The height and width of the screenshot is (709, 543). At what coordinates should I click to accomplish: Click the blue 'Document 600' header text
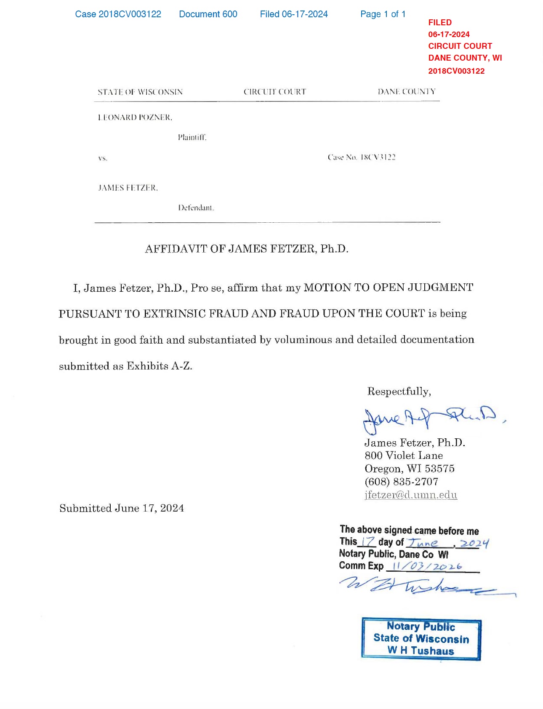click(x=208, y=14)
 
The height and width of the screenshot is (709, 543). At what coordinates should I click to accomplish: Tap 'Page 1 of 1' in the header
click(x=383, y=14)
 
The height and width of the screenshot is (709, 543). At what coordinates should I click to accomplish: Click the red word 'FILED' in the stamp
click(x=439, y=23)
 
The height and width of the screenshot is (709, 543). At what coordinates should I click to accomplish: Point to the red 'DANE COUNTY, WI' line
click(x=465, y=58)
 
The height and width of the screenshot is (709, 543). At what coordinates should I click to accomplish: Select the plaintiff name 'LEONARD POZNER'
click(x=135, y=117)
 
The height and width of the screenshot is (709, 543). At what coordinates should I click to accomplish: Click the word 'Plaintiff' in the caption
click(x=192, y=137)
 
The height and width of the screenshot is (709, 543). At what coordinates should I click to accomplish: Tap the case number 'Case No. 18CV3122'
click(x=362, y=157)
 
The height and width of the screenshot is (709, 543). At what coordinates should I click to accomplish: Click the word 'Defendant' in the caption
click(x=196, y=208)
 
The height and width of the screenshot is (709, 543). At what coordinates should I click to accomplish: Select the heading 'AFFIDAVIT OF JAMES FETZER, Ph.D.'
click(x=247, y=249)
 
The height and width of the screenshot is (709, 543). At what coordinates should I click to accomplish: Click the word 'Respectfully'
click(x=399, y=392)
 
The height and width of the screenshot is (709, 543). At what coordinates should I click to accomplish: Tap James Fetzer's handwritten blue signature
click(x=429, y=419)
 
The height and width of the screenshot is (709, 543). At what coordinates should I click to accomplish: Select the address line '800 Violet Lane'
click(x=403, y=456)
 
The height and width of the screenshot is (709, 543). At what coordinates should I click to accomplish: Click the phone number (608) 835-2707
click(x=401, y=482)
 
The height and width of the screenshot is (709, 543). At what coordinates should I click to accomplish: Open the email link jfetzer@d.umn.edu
click(x=410, y=495)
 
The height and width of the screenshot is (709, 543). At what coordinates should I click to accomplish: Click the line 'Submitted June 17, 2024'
click(x=122, y=508)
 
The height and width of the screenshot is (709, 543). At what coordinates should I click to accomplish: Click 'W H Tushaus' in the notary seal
click(x=421, y=650)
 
